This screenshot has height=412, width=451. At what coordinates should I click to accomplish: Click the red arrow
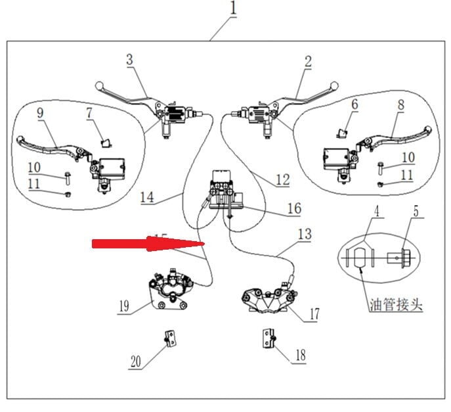click(x=148, y=244)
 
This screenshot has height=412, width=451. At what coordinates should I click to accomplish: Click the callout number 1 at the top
click(x=234, y=10)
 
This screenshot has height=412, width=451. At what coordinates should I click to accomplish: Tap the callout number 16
click(x=294, y=208)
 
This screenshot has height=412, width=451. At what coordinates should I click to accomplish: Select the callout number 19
click(x=125, y=306)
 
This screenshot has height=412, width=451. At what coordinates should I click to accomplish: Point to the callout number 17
click(x=314, y=314)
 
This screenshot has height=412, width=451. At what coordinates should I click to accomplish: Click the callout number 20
click(x=135, y=361)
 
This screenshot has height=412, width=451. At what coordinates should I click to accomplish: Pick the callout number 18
click(x=299, y=355)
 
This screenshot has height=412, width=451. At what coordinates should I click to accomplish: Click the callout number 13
click(x=304, y=233)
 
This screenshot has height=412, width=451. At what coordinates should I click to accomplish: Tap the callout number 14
click(x=147, y=196)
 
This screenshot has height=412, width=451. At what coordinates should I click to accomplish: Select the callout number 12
click(x=282, y=179)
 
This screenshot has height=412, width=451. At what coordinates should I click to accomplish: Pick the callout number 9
click(x=40, y=113)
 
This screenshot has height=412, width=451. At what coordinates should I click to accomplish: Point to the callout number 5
click(x=416, y=212)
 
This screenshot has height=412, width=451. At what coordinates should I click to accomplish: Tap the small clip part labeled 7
click(x=103, y=139)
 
